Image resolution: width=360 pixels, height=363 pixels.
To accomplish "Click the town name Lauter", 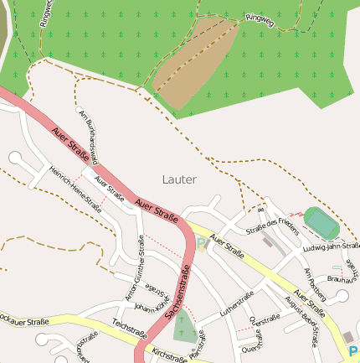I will [x=179, y=179].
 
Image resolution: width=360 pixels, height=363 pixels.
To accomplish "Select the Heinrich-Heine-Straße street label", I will [x=75, y=189].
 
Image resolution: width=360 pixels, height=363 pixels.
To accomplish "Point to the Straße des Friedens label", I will [x=272, y=225].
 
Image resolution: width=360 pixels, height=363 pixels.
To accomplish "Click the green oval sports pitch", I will [x=320, y=222].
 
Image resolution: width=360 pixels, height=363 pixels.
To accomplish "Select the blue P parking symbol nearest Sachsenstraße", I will [x=201, y=244].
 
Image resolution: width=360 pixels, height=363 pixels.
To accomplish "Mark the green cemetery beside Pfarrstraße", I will [x=185, y=329].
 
